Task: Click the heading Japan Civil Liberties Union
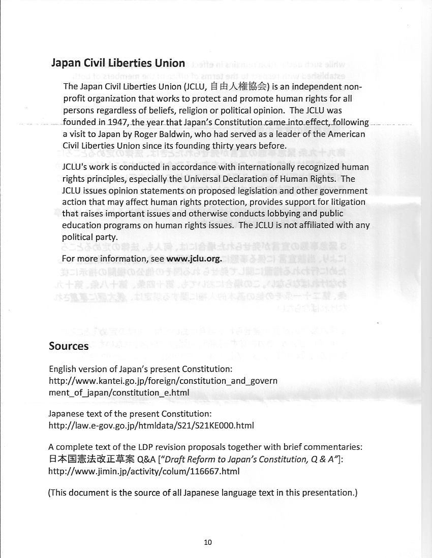(x=118, y=63)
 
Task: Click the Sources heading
(x=69, y=346)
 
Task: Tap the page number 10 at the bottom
(x=207, y=542)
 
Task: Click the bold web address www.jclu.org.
(x=194, y=259)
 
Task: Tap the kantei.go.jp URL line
(x=163, y=380)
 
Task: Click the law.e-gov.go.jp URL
(x=151, y=425)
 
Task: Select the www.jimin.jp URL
(x=143, y=471)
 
